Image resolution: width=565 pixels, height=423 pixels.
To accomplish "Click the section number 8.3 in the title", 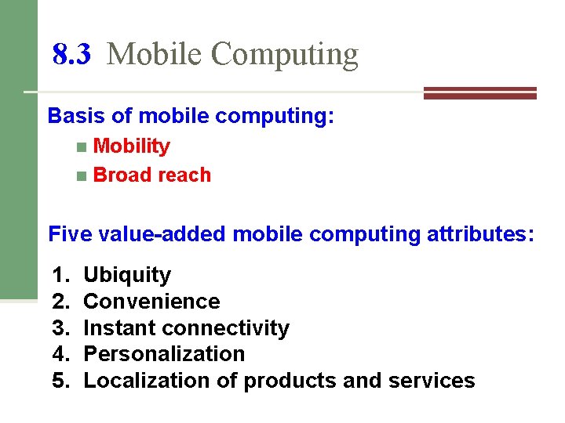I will (x=71, y=55).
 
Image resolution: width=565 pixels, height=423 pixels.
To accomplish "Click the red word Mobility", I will (x=131, y=146).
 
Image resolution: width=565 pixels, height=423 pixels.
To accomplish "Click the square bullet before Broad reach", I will (x=82, y=175).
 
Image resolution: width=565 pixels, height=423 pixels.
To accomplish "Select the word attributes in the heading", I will (x=480, y=233).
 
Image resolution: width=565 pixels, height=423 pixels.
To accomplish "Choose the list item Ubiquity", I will (x=127, y=275).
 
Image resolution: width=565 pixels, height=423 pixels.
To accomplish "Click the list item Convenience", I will (x=151, y=302).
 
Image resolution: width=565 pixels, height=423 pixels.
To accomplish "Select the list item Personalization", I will (x=164, y=354).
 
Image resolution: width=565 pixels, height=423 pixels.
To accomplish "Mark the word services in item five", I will (x=436, y=381).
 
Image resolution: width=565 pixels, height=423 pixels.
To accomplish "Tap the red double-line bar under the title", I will (x=479, y=93).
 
